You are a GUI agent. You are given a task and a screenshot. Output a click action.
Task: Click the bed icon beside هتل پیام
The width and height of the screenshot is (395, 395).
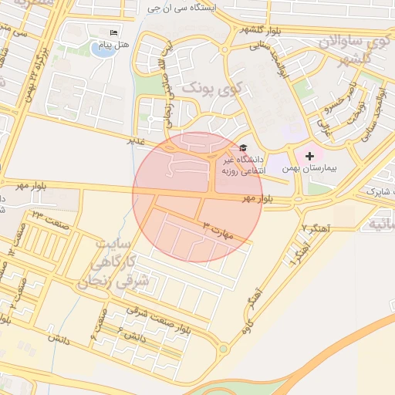point(113,32)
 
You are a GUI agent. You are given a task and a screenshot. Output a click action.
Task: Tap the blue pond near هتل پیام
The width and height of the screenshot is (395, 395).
point(100,49)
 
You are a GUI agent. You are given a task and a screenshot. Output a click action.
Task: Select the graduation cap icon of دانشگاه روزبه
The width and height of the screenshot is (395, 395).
point(244,147)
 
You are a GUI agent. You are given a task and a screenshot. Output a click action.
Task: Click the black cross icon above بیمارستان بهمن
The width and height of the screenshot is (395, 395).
point(310,156)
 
